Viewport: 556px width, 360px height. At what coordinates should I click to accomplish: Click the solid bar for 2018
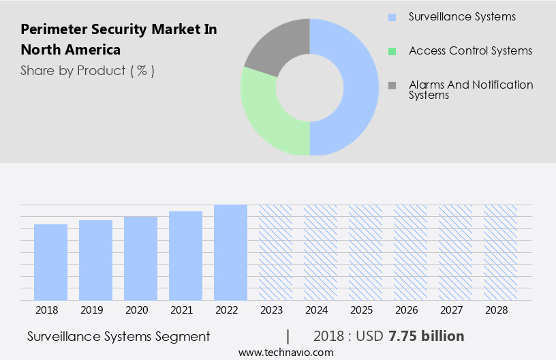[x=50, y=262]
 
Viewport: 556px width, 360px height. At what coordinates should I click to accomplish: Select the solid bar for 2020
[x=140, y=258]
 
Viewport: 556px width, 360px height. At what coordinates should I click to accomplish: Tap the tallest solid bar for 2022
[x=230, y=252]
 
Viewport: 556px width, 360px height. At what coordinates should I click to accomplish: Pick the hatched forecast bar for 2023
[x=275, y=252]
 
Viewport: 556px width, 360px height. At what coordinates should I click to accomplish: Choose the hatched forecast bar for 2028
[x=500, y=252]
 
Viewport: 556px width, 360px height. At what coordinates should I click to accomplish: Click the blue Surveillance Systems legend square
[x=392, y=16]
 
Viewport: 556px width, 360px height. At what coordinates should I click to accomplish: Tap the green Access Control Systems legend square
[x=392, y=51]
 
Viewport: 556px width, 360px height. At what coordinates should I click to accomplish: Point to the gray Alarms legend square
[x=392, y=85]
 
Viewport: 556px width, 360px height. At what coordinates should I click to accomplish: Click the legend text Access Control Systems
[x=470, y=51]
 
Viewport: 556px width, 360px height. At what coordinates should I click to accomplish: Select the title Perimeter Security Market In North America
[x=119, y=40]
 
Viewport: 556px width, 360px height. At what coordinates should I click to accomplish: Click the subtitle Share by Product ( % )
[x=87, y=70]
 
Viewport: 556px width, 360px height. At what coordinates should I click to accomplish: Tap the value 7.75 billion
[x=427, y=336]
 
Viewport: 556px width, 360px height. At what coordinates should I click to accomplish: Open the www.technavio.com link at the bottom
[x=286, y=352]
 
